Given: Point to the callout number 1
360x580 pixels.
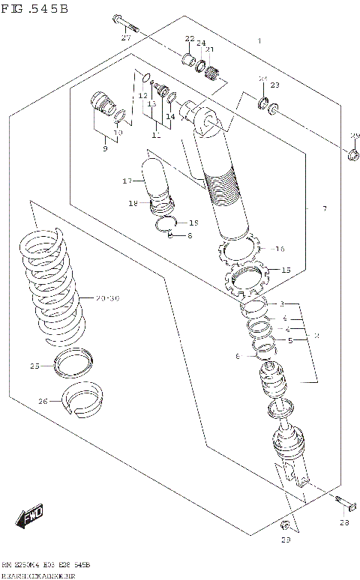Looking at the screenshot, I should (x=259, y=41).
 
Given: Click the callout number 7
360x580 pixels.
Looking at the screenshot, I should (x=324, y=208).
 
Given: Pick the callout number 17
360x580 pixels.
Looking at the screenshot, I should (x=127, y=181).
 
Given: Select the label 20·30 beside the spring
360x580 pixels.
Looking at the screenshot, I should (x=108, y=297).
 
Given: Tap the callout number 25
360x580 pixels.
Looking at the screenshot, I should (x=34, y=366).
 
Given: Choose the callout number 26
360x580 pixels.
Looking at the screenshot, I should (x=43, y=402).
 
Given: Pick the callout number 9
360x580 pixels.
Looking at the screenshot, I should (x=105, y=149).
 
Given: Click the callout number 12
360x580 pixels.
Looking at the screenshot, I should (x=142, y=96).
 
